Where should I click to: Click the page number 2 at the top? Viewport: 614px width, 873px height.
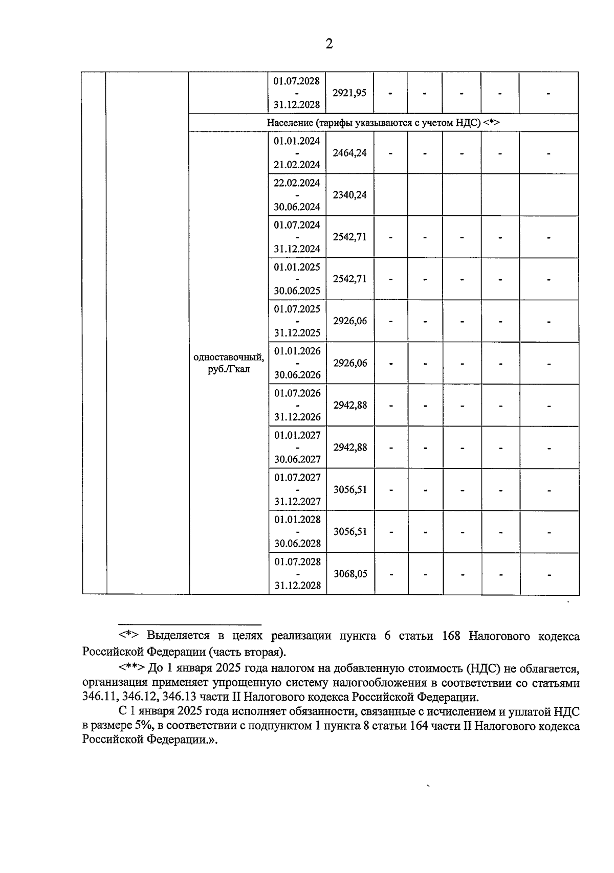329,44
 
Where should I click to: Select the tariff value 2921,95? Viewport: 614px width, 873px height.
349,93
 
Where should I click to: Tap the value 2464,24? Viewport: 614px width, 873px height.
349,153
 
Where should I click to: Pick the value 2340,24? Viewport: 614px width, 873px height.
349,195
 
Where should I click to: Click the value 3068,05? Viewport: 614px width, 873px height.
350,574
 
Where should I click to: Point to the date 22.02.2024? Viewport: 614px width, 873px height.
297,183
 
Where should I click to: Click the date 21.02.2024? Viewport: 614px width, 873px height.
297,165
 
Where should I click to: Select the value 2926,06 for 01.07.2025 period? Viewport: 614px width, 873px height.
350,321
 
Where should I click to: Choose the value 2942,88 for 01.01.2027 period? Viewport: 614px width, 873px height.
350,447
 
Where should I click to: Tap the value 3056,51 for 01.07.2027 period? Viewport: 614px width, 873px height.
350,489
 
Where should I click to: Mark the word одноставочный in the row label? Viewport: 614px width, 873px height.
229,357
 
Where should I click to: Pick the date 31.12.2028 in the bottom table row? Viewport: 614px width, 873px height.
297,586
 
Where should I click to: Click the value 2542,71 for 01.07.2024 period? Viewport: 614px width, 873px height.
349,237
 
